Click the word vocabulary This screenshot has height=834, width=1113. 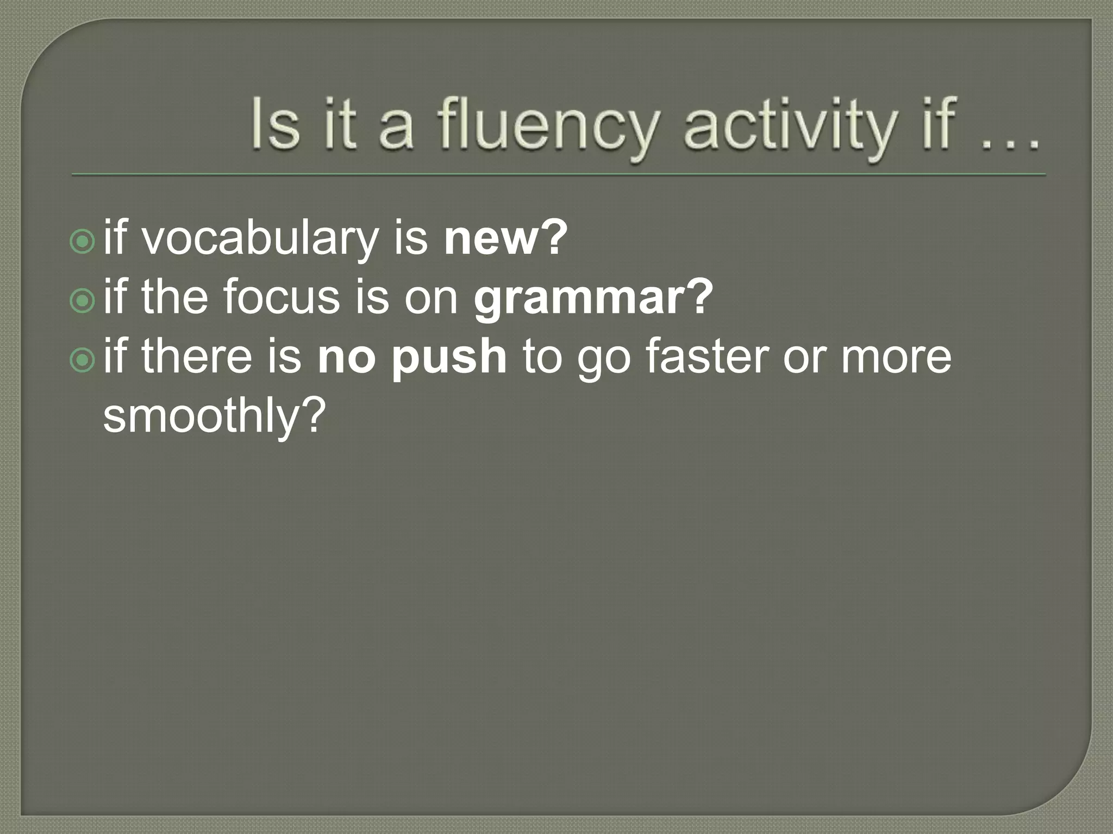[260, 239]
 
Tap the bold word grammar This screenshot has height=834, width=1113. [578, 299]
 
